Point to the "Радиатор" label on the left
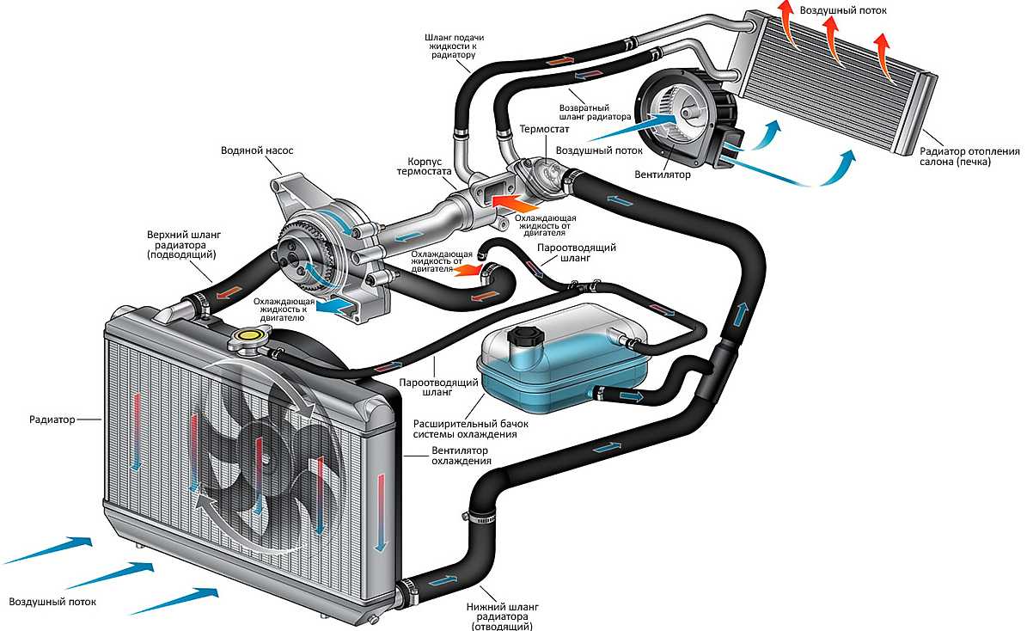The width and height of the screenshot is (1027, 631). pos(52,420)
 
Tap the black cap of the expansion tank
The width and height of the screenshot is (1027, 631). pos(522,336)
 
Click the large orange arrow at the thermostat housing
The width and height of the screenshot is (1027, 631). pos(510,203)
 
